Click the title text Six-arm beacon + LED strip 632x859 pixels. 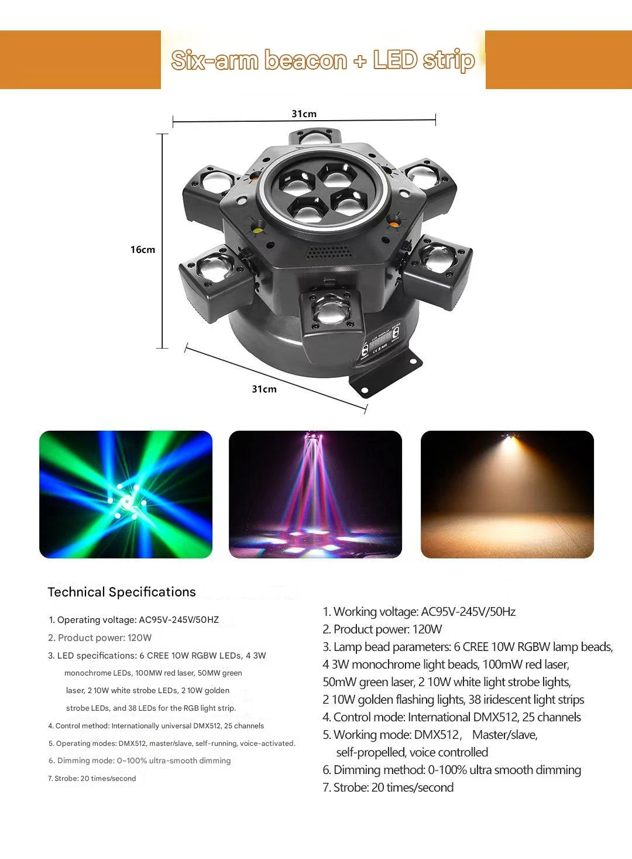(x=323, y=60)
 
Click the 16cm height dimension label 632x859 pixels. (x=143, y=250)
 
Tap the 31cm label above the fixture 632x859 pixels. (x=304, y=114)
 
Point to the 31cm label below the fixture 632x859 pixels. (x=265, y=389)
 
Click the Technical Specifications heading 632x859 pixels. (x=122, y=592)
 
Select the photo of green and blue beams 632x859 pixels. (x=126, y=495)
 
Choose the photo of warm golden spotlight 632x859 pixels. (x=507, y=495)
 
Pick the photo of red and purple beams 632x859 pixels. (x=315, y=495)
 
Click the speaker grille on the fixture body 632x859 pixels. (x=329, y=251)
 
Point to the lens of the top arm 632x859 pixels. (x=315, y=137)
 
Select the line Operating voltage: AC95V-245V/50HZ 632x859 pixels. (x=133, y=620)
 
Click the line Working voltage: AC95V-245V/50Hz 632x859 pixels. (x=419, y=612)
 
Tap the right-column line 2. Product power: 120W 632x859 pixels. (x=382, y=629)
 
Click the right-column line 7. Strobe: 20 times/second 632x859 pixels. (x=388, y=788)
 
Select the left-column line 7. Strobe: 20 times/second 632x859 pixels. (x=92, y=778)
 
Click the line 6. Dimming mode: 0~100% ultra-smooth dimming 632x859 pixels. (x=139, y=761)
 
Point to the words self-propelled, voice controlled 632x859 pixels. (x=412, y=752)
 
